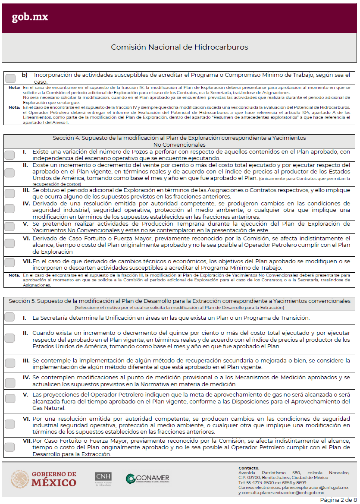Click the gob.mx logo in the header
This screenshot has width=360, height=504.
(x=30, y=17)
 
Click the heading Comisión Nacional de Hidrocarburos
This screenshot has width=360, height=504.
(x=179, y=47)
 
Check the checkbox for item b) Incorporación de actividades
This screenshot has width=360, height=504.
(x=11, y=78)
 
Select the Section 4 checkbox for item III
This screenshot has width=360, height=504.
(x=9, y=192)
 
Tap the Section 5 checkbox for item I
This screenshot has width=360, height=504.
(x=9, y=317)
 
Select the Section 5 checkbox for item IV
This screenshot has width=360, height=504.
(x=9, y=381)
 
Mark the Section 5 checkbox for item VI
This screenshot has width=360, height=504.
(x=9, y=424)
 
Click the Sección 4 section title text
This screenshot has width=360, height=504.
(x=179, y=141)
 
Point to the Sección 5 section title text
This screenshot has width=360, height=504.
(x=179, y=301)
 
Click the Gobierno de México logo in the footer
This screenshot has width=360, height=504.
(x=44, y=479)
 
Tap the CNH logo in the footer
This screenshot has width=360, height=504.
(x=103, y=479)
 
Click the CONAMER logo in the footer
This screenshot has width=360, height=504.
(x=147, y=479)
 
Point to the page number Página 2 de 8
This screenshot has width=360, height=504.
(x=338, y=500)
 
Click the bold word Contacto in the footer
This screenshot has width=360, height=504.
(x=249, y=468)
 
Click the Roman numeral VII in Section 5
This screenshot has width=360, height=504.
(x=26, y=441)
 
